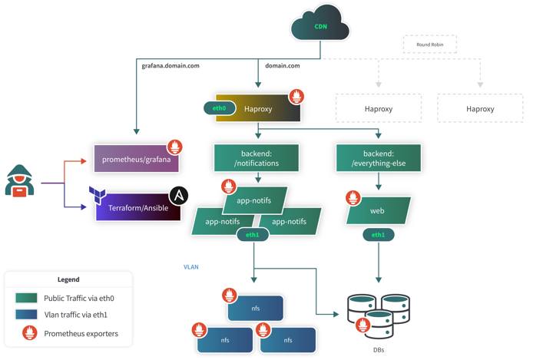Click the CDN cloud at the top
point(319,26)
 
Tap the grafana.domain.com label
point(170,66)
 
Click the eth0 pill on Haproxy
point(219,108)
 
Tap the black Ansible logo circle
point(179,195)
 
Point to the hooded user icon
point(20,181)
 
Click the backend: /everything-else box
point(379,157)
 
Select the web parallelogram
point(378,210)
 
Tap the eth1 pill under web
point(378,234)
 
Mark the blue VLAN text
point(191,266)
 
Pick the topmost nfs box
point(256,308)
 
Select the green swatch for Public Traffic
point(27,298)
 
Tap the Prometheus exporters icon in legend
point(27,333)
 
